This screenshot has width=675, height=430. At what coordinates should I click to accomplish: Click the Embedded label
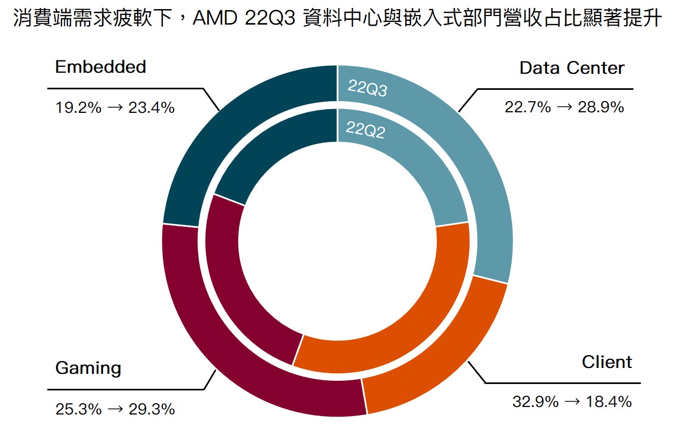[x=100, y=67]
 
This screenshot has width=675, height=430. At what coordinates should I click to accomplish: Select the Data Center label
[x=571, y=68]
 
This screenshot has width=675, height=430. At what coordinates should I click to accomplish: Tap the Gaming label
[x=88, y=368]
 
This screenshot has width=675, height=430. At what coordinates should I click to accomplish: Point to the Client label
[x=607, y=362]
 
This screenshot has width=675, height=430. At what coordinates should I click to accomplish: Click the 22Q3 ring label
[x=367, y=89]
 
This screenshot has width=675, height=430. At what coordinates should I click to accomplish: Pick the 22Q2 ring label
[x=365, y=129]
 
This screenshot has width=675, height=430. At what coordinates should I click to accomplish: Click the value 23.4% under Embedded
[x=152, y=108]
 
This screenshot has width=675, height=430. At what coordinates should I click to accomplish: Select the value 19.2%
[x=78, y=108]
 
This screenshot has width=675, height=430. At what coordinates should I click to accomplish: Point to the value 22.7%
[x=528, y=107]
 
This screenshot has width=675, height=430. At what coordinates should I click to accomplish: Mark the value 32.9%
[x=535, y=402]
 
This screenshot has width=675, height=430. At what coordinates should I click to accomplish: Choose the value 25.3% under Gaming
[x=78, y=410]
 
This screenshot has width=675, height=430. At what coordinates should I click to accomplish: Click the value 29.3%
[x=152, y=410]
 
